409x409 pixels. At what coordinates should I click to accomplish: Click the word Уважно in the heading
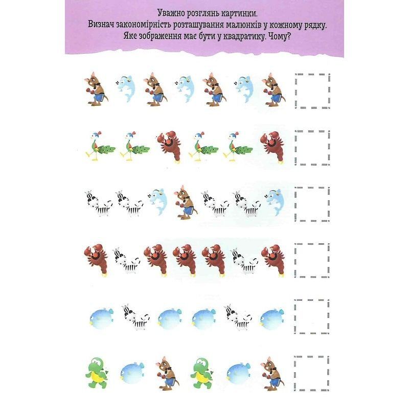click(x=170, y=13)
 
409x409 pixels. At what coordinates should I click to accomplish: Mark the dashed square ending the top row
click(x=296, y=90)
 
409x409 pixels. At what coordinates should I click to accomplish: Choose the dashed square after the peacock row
click(x=296, y=148)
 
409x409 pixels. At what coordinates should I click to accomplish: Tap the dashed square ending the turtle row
click(x=295, y=373)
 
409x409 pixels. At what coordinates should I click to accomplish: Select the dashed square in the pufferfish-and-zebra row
click(x=295, y=316)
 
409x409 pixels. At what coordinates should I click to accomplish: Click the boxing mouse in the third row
click(x=185, y=201)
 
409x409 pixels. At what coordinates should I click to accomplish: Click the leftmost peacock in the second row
click(x=100, y=146)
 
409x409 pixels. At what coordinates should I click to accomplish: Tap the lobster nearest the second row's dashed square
click(x=272, y=147)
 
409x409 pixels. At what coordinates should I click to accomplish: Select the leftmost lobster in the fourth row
click(x=96, y=260)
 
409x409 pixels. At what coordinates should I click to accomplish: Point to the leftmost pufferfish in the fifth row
click(x=101, y=318)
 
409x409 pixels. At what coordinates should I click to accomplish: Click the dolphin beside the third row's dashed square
click(x=275, y=202)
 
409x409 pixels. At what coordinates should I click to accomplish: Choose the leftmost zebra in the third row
click(x=98, y=203)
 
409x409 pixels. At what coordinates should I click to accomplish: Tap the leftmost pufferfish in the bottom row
click(x=132, y=373)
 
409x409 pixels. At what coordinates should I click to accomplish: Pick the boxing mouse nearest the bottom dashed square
click(x=272, y=374)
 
